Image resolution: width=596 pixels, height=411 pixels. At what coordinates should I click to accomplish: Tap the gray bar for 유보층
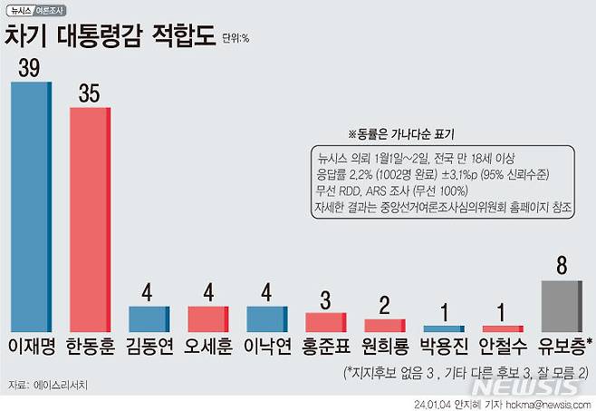point(563,305)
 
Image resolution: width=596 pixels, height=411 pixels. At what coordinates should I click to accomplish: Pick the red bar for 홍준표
point(326,321)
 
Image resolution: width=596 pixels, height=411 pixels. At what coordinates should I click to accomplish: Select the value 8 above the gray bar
point(562,266)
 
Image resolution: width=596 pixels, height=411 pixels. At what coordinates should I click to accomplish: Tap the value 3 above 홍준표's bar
point(326,298)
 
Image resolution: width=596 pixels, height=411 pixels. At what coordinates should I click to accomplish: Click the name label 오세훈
point(208,347)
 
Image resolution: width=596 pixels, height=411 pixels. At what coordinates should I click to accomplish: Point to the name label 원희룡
point(385,347)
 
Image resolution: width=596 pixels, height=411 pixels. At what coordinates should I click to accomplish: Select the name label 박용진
point(445,347)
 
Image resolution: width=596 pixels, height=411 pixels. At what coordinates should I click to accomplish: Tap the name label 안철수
point(504,347)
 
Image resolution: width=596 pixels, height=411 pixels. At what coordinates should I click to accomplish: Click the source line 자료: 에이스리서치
point(51,385)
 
